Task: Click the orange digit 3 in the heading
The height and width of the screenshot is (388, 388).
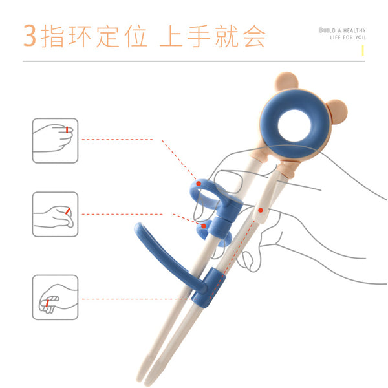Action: [30, 36]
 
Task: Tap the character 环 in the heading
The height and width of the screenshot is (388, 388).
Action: [80, 36]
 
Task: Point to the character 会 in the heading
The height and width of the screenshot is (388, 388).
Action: [254, 36]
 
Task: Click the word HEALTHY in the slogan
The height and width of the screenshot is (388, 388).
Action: [354, 30]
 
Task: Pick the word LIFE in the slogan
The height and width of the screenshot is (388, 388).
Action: [335, 38]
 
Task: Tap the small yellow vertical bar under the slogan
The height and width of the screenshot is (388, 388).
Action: [363, 50]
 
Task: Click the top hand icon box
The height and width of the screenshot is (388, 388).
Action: [55, 140]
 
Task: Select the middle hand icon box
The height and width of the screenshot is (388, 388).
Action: [55, 214]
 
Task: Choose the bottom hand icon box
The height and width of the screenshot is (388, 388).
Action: [55, 297]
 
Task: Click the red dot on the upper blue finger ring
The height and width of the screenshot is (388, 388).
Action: [199, 184]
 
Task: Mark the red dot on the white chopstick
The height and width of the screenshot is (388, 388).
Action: [261, 210]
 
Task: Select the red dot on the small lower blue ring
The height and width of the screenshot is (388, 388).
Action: [204, 226]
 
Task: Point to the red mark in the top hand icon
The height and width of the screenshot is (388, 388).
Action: [67, 130]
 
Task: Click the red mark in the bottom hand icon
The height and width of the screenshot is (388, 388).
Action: [47, 303]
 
